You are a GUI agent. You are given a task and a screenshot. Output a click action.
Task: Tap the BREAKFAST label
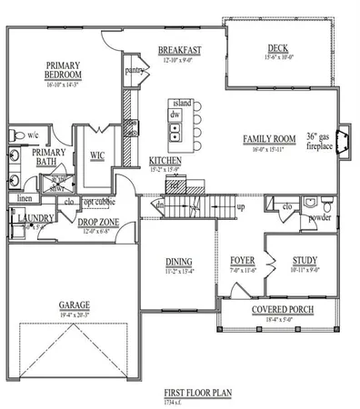point(179,50)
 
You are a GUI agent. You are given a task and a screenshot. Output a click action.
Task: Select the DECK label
point(278,49)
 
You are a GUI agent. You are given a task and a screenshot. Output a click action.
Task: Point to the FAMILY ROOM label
point(269,139)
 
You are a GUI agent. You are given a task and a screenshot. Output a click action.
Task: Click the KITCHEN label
point(165,160)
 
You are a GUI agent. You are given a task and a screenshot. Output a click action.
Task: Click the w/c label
point(33,135)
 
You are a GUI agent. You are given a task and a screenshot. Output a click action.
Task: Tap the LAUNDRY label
point(33,217)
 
